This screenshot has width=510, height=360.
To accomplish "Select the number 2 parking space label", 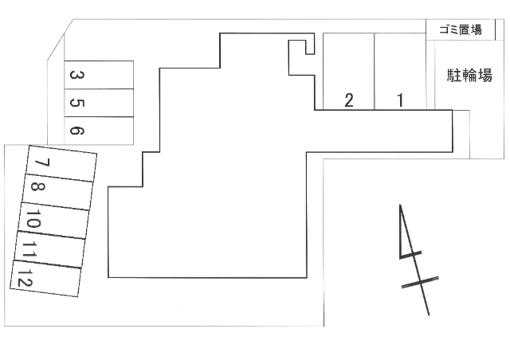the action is (x=349, y=100).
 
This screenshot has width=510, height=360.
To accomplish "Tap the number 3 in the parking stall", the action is (x=77, y=75).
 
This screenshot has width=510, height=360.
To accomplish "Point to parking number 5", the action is (x=77, y=103).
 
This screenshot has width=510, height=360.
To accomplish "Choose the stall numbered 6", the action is (x=77, y=131).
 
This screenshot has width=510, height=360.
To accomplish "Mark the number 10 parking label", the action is (x=33, y=219).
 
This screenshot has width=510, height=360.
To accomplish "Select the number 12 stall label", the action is (x=25, y=278).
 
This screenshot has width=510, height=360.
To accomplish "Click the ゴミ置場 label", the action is (x=461, y=29).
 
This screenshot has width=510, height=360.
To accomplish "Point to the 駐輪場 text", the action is (x=469, y=76).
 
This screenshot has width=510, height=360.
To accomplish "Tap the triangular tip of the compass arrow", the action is (x=400, y=205).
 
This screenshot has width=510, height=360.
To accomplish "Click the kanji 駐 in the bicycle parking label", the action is (x=454, y=76).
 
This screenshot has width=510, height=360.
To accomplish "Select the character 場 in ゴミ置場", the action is (x=477, y=29).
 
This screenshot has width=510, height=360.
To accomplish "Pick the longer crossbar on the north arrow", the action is (x=420, y=282).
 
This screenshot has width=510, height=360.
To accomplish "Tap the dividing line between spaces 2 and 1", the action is (x=375, y=72).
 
